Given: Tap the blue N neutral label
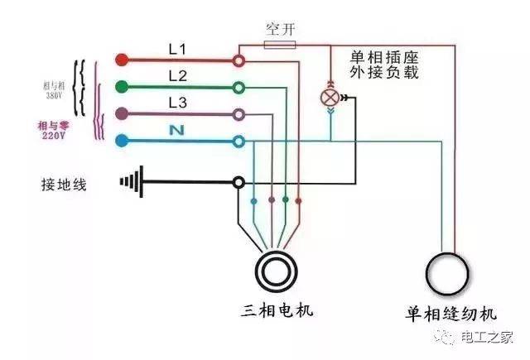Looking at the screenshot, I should coord(176,130).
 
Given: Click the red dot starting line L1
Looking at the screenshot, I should coord(122,60).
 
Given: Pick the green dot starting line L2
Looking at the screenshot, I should coord(122,86).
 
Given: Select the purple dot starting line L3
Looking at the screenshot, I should coord(122,113).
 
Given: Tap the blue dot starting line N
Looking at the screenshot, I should coord(122,141).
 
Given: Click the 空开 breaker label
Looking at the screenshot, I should coord(280,29).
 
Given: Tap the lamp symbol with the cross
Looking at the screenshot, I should coord(329,97).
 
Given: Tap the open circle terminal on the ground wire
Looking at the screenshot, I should coord(238,181).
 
